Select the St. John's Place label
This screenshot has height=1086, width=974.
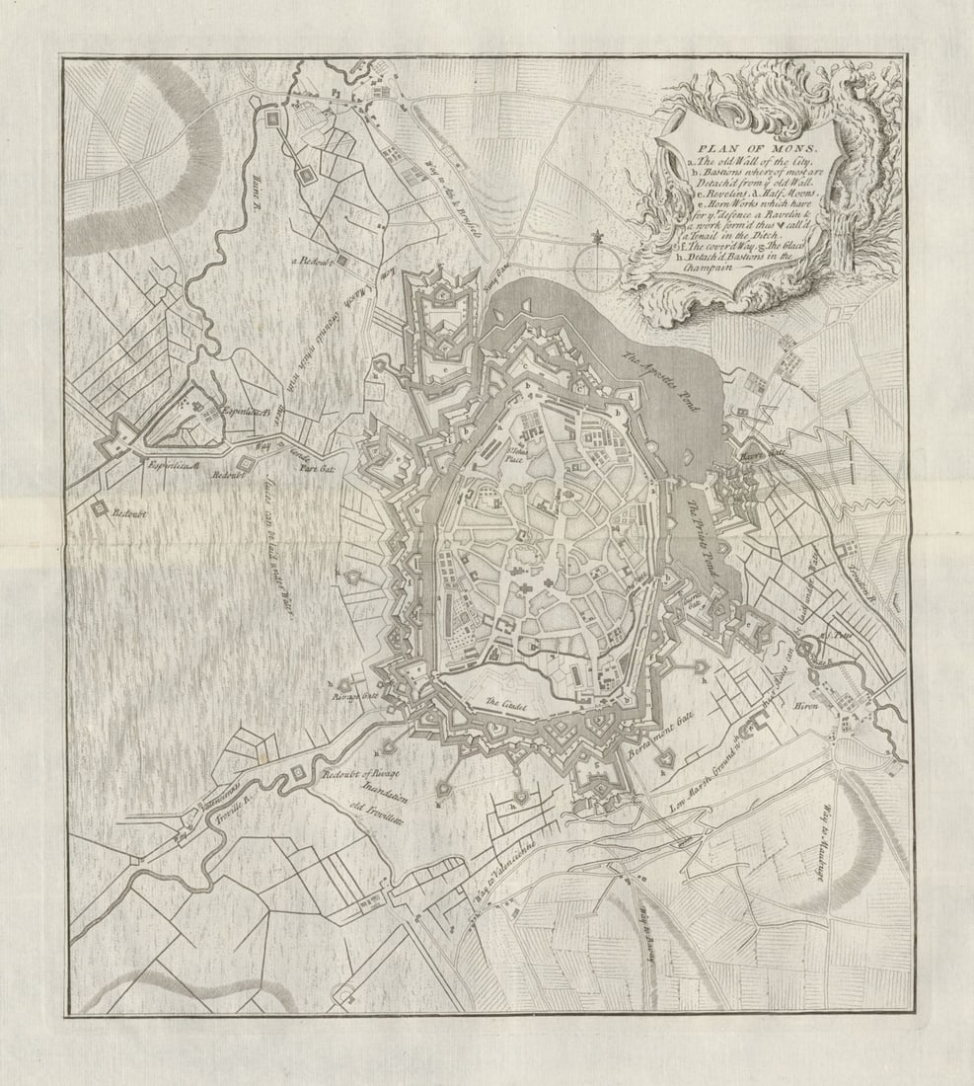(x=512, y=455)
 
